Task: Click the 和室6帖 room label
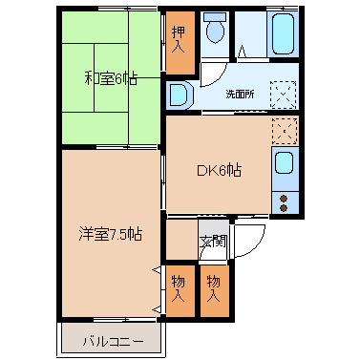(111, 78)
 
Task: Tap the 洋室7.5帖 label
(110, 235)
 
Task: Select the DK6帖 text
(219, 170)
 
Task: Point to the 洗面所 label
(240, 95)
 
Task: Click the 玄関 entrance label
(213, 242)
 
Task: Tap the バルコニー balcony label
(113, 342)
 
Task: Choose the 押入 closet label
(179, 39)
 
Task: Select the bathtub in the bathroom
(283, 33)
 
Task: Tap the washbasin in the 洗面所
(179, 95)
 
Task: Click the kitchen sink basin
(284, 162)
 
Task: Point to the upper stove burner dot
(284, 199)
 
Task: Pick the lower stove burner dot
(284, 208)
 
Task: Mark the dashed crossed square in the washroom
(284, 95)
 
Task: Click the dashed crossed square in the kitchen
(285, 131)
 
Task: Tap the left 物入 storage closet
(180, 291)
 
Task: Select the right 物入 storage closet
(215, 291)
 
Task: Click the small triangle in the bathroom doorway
(242, 51)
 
